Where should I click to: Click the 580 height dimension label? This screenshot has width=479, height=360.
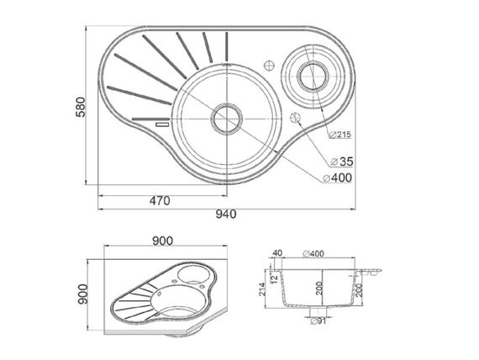coord(81,107)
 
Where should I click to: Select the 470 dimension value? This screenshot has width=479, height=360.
coord(160,201)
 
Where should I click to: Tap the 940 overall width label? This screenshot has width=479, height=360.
coord(226,214)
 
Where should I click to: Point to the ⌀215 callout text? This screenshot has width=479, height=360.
coord(340,135)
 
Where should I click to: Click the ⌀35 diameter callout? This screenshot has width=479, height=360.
coord(342,161)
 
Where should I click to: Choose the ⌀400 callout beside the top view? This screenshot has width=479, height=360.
coord(338,177)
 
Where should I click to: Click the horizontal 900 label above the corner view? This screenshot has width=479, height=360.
coord(162,241)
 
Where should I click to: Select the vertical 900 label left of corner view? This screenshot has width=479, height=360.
coord(83,294)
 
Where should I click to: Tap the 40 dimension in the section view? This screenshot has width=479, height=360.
coord(277,253)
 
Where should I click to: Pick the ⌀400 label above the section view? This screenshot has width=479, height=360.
coord(313,253)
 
